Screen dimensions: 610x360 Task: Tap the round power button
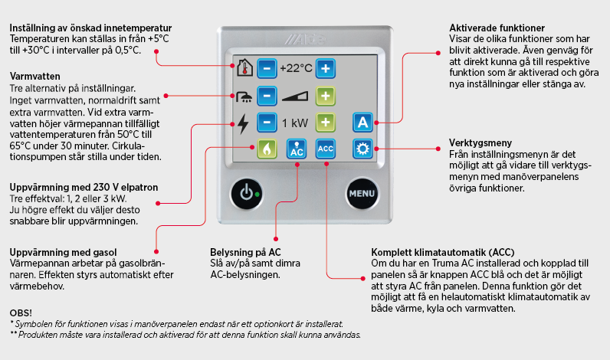tap(247, 193)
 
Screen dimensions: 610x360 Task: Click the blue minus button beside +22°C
tap(267, 68)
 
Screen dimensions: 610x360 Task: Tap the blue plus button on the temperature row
tap(326, 68)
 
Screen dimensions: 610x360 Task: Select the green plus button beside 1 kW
tap(326, 123)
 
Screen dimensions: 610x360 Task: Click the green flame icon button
tap(267, 149)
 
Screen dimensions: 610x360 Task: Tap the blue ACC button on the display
tap(326, 149)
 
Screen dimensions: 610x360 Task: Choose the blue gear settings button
tap(362, 149)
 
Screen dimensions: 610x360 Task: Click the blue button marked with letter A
tap(362, 123)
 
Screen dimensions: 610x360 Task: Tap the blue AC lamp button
tap(297, 149)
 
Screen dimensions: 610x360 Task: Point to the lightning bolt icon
tap(243, 123)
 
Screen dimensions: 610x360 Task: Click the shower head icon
tap(244, 97)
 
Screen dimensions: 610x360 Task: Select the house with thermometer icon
tap(244, 67)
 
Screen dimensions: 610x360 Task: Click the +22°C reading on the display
tap(296, 68)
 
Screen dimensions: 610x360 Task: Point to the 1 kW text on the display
tap(295, 123)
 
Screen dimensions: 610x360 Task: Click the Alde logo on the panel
tap(304, 39)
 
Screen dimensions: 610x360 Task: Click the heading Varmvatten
tap(35, 76)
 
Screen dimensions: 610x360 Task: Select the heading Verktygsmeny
tap(480, 142)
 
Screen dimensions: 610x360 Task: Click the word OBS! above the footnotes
tap(21, 313)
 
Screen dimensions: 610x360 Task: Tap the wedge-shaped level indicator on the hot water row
tap(295, 97)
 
